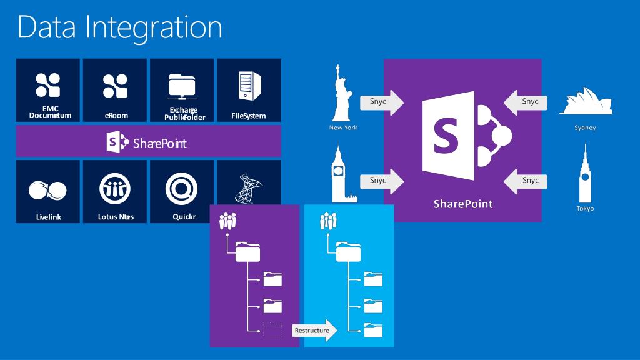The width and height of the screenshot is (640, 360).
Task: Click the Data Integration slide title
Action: coord(119,27)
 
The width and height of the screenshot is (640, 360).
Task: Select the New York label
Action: coord(343,127)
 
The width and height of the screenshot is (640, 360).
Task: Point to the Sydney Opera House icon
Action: coord(584,102)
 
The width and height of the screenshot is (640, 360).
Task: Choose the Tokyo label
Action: coord(585,208)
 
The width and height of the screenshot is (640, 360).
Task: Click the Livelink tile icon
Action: coord(47,189)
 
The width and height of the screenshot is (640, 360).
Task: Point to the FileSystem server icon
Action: coord(248,86)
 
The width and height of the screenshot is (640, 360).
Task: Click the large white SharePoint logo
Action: coord(466,134)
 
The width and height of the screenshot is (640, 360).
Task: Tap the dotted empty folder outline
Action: coord(272,330)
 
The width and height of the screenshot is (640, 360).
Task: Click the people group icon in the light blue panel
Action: coord(329,221)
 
